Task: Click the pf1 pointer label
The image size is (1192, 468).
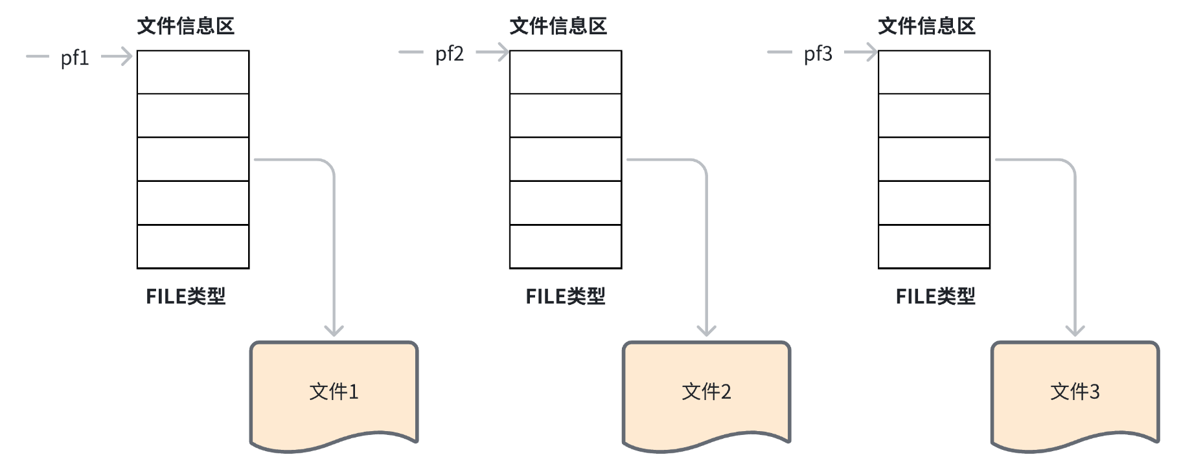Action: (74, 58)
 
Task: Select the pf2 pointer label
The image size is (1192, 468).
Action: (449, 54)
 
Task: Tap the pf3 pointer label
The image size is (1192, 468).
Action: (818, 54)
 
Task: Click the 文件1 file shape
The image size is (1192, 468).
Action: (334, 392)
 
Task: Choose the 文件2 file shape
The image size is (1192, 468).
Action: (706, 392)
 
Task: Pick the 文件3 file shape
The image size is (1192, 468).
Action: (1075, 392)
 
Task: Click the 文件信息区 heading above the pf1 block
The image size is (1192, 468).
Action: (185, 27)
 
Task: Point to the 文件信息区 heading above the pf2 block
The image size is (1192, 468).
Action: (558, 27)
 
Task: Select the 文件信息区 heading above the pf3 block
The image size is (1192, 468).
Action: (926, 27)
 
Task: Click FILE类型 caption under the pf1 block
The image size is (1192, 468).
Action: (185, 296)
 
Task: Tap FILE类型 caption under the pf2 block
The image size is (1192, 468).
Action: (565, 296)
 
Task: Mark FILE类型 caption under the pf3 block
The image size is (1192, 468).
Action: (935, 296)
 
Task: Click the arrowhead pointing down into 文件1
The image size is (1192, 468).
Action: (334, 331)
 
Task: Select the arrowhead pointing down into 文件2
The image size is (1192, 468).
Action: (706, 331)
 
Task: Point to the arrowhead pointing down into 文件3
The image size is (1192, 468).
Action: (1075, 331)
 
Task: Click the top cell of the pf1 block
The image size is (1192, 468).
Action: (193, 72)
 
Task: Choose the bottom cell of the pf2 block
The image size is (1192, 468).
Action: (566, 247)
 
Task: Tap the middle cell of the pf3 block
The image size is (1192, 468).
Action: (934, 159)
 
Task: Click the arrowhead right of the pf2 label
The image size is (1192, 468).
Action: (501, 52)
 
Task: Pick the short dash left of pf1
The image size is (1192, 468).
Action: (37, 56)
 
